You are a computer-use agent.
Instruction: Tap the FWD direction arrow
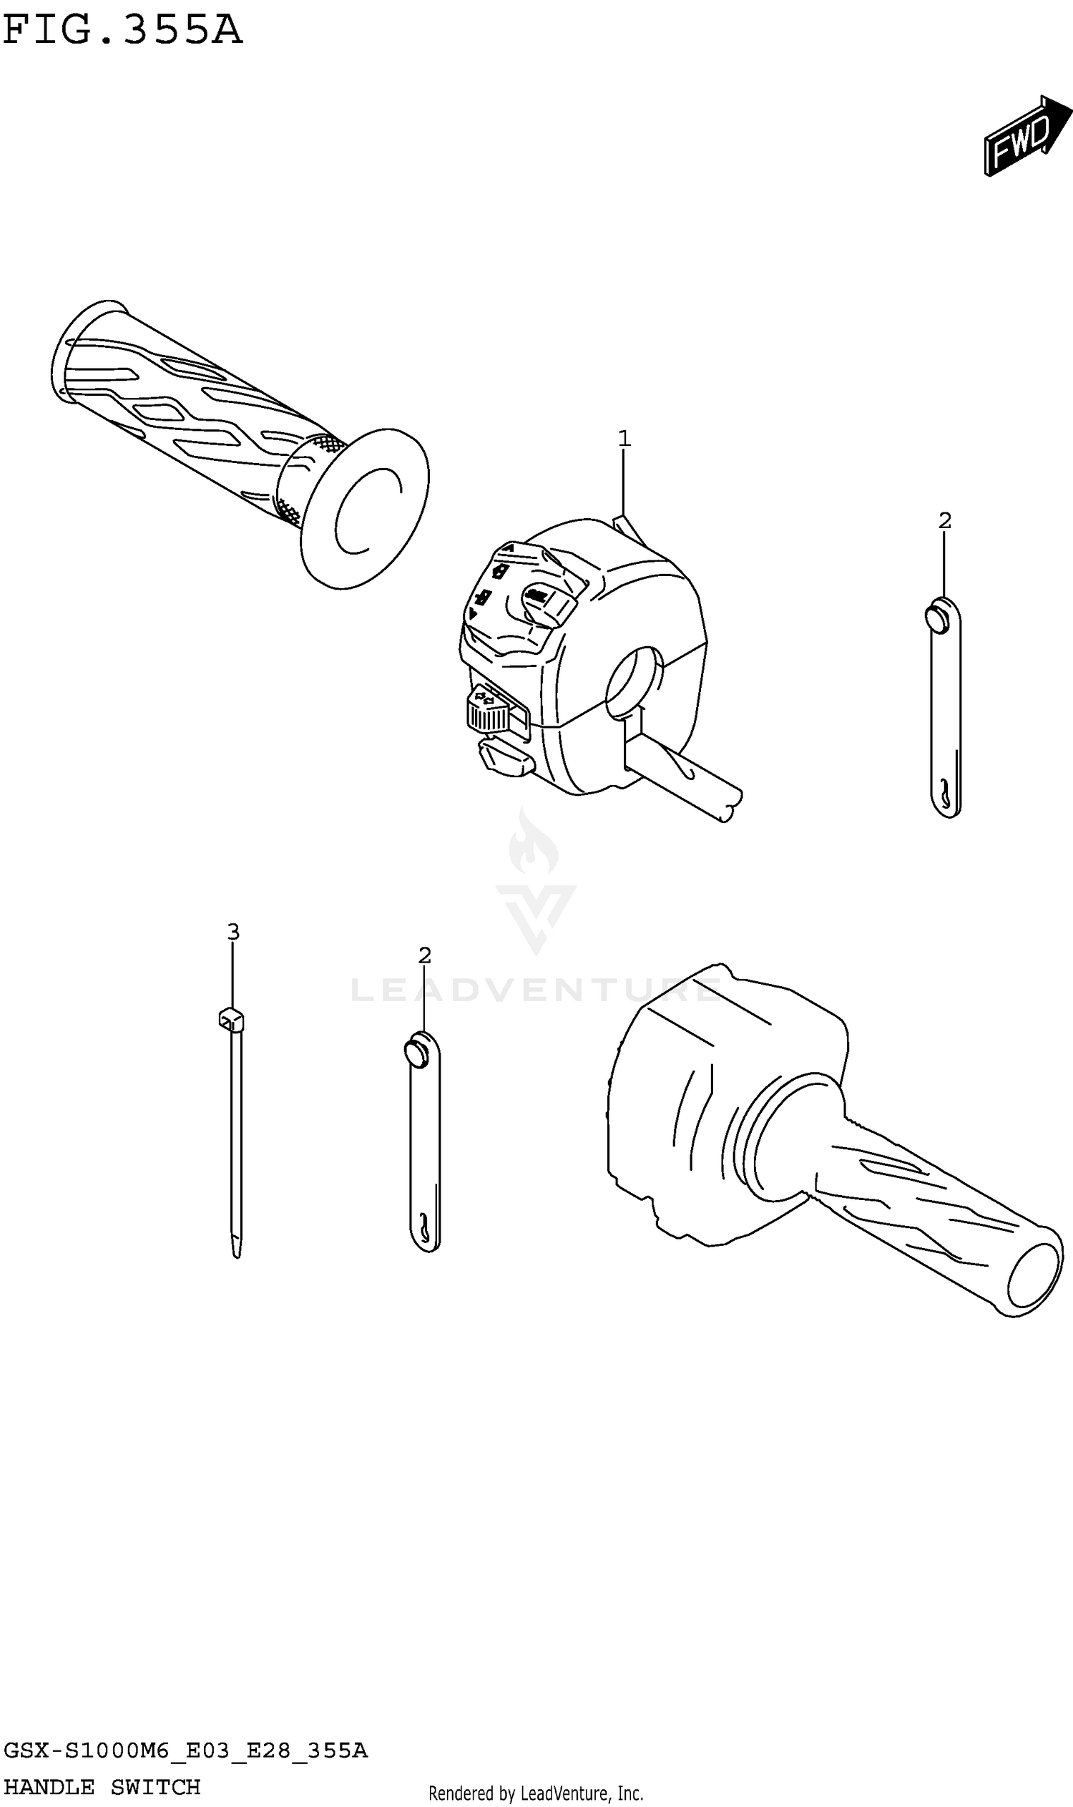[1027, 135]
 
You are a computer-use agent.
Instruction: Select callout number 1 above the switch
[624, 439]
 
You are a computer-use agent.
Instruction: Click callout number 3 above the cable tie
[232, 932]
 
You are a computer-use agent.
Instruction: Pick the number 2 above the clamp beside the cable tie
[424, 955]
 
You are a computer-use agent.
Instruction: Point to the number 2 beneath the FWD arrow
[944, 520]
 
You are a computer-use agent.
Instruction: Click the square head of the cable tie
[230, 1020]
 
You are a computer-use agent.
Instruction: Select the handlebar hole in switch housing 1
[634, 683]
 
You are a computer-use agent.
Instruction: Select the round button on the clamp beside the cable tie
[416, 1052]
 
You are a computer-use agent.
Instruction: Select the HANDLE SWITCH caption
[102, 1786]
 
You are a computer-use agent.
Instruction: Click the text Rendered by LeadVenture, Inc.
[536, 1787]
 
